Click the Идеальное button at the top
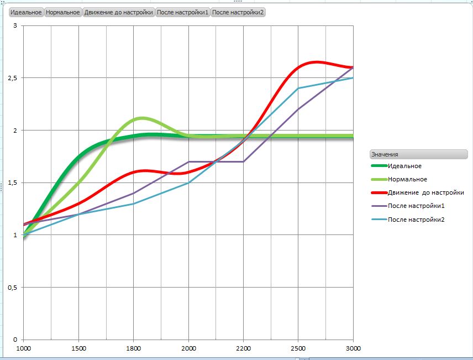pyautogui.click(x=26, y=12)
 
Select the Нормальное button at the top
pyautogui.click(x=63, y=12)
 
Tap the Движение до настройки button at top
pyautogui.click(x=119, y=12)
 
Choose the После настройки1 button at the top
pyautogui.click(x=183, y=12)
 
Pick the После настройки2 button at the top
pyautogui.click(x=238, y=12)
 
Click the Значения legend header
pyautogui.click(x=418, y=154)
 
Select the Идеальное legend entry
pyautogui.click(x=404, y=166)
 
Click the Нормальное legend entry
pyautogui.click(x=407, y=179)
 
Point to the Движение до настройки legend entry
pyautogui.click(x=425, y=192)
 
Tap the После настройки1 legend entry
pyautogui.click(x=416, y=206)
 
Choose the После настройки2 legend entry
pyautogui.click(x=416, y=220)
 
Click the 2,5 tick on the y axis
pyautogui.click(x=12, y=78)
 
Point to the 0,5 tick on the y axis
pyautogui.click(x=12, y=288)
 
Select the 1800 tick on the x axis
pyautogui.click(x=133, y=348)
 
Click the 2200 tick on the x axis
pyautogui.click(x=243, y=348)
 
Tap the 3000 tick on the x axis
pyautogui.click(x=353, y=348)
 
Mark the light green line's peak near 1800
pyautogui.click(x=141, y=118)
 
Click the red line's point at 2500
pyautogui.click(x=298, y=67)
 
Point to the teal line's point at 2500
pyautogui.click(x=298, y=88)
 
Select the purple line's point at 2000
pyautogui.click(x=188, y=162)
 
